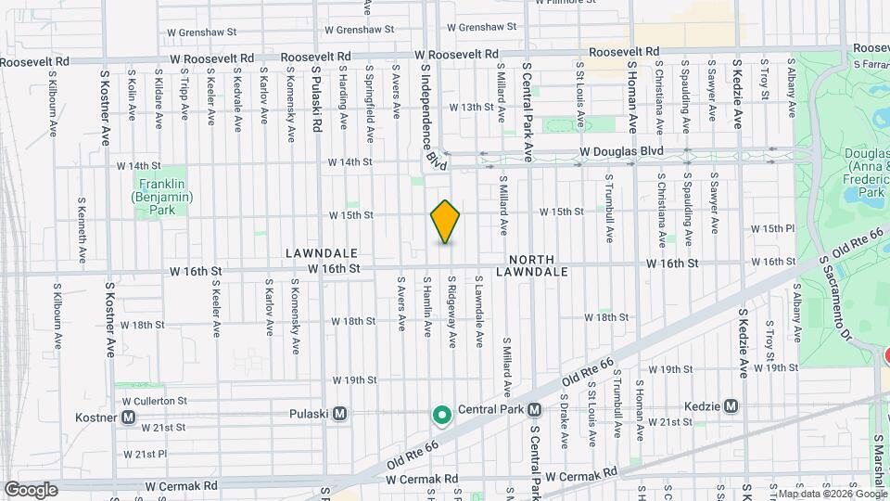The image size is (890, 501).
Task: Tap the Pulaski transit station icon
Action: (340, 414)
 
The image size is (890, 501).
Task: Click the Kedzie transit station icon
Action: (731, 405)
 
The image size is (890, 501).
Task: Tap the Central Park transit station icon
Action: (535, 409)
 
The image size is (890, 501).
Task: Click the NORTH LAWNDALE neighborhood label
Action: (531, 265)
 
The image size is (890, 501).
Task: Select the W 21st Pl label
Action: (145, 454)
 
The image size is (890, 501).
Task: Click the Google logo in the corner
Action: (31, 490)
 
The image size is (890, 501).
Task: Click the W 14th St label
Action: (350, 161)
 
